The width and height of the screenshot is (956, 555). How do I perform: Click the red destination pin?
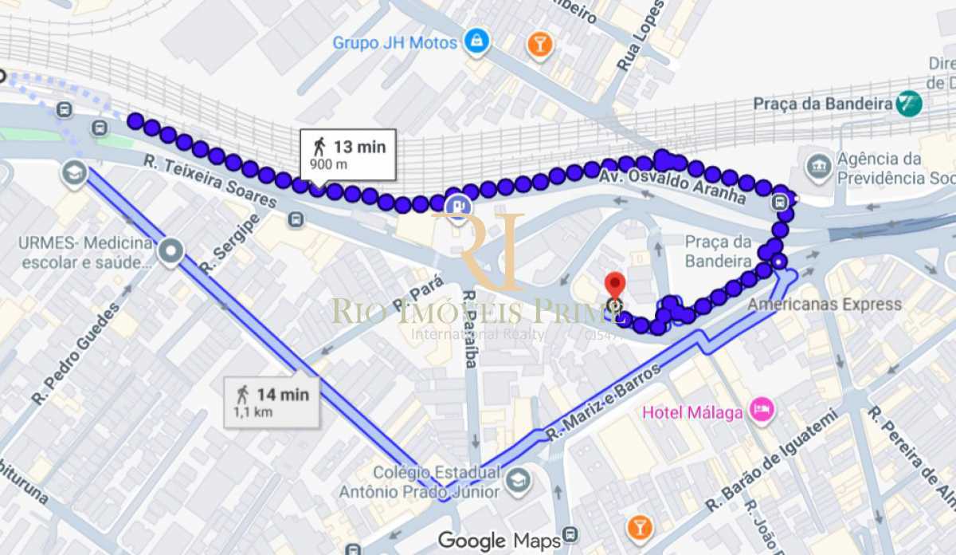click(613, 285)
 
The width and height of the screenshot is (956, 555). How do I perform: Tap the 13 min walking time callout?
click(348, 154)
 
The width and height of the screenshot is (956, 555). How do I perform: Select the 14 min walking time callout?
click(271, 400)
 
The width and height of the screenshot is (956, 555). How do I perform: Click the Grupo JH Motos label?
click(395, 42)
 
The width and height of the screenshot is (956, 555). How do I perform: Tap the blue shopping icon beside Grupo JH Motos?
click(476, 41)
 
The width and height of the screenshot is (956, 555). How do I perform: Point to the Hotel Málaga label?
click(693, 412)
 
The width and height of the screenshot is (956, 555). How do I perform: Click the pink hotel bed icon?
click(762, 411)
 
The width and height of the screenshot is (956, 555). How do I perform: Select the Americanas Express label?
click(825, 304)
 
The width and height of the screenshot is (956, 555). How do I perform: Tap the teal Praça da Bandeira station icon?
click(908, 104)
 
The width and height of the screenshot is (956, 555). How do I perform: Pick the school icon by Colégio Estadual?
click(518, 482)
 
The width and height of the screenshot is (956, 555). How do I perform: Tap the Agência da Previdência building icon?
click(818, 167)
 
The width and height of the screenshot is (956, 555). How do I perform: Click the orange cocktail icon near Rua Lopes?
click(540, 45)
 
